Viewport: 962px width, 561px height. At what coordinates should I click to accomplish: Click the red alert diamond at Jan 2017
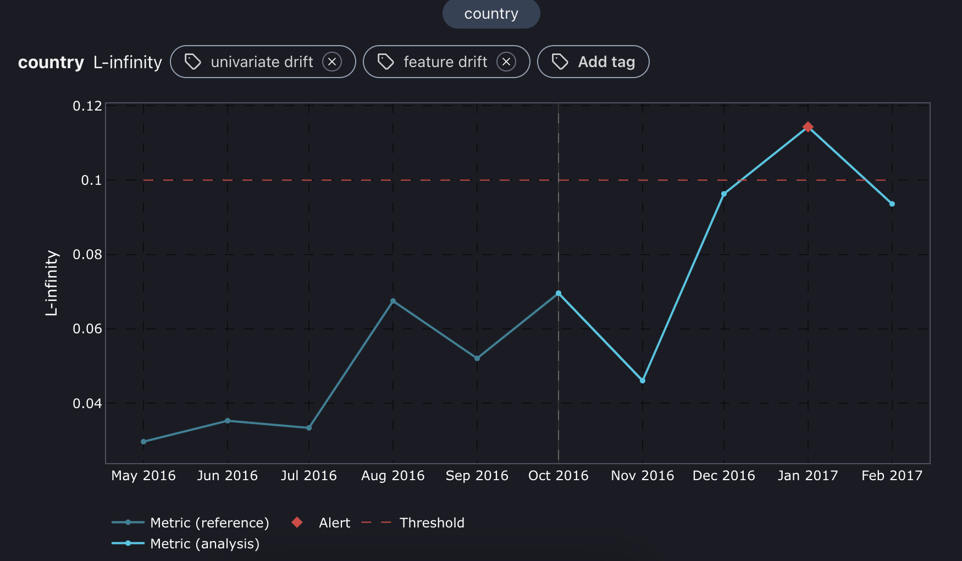pos(808,127)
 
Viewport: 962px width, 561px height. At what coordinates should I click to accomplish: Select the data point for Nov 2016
pos(642,381)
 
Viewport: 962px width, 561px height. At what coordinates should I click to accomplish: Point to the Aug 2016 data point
pos(392,301)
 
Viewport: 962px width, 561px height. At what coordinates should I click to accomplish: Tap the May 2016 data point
pos(143,442)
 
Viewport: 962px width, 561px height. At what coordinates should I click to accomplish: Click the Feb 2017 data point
pos(892,204)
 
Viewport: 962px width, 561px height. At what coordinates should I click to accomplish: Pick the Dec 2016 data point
pos(723,194)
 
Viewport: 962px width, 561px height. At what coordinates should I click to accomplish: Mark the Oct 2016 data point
pos(559,294)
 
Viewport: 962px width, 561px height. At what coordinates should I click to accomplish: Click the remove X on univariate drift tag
pos(332,62)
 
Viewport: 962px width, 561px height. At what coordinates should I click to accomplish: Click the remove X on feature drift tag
pos(506,62)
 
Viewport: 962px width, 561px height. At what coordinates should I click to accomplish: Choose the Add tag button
pos(593,62)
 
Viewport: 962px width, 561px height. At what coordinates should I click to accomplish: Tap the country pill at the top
pos(491,14)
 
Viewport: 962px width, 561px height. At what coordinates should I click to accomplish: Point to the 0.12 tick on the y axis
pos(87,106)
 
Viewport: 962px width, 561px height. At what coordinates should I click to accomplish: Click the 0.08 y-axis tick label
pos(87,255)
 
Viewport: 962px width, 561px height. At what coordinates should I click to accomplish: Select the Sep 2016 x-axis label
pos(477,476)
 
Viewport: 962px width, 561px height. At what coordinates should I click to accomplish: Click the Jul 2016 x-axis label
pos(308,476)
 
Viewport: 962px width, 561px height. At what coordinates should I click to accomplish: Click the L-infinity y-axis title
pos(52,283)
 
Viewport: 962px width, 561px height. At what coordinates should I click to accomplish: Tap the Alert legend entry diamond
pos(297,522)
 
